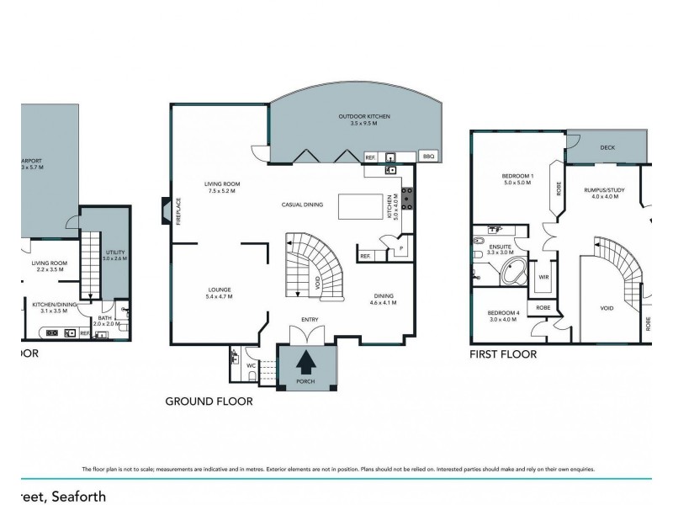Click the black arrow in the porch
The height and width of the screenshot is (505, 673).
(306, 362)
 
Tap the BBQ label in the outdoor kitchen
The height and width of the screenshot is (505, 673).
(427, 156)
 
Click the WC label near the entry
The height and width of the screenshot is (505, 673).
(252, 366)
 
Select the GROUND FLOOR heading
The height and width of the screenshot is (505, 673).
(209, 401)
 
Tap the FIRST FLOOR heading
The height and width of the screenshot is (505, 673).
(503, 354)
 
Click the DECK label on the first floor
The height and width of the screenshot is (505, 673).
(607, 146)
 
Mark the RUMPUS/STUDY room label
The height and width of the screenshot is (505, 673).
(601, 194)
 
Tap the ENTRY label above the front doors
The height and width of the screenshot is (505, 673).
(310, 319)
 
